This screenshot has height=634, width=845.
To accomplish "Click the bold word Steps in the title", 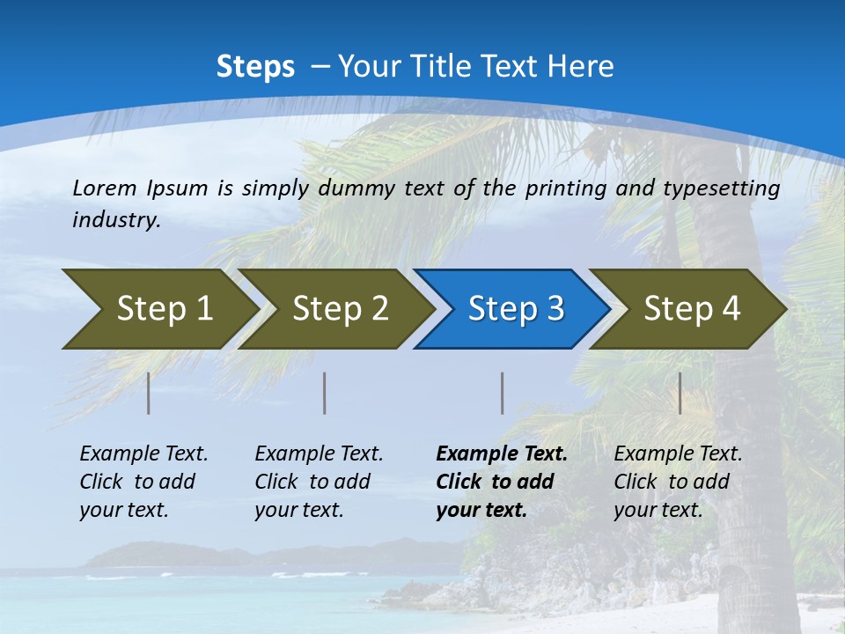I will [x=255, y=67].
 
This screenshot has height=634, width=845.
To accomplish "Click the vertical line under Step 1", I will [x=149, y=393].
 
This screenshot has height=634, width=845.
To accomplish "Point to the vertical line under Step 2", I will [x=325, y=393].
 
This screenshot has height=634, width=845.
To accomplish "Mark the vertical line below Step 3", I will [x=503, y=393].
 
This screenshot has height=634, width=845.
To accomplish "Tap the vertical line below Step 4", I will [x=680, y=393].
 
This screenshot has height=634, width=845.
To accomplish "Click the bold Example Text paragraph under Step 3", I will [x=502, y=482].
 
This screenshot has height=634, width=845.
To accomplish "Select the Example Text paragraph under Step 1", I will [x=143, y=482].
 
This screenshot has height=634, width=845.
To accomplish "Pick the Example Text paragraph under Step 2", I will [x=319, y=482].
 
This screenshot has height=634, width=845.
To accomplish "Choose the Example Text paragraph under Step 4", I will [x=678, y=482].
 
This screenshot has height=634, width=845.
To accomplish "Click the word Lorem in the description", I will [x=105, y=188].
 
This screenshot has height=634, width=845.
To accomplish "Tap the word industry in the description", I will [x=116, y=220].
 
